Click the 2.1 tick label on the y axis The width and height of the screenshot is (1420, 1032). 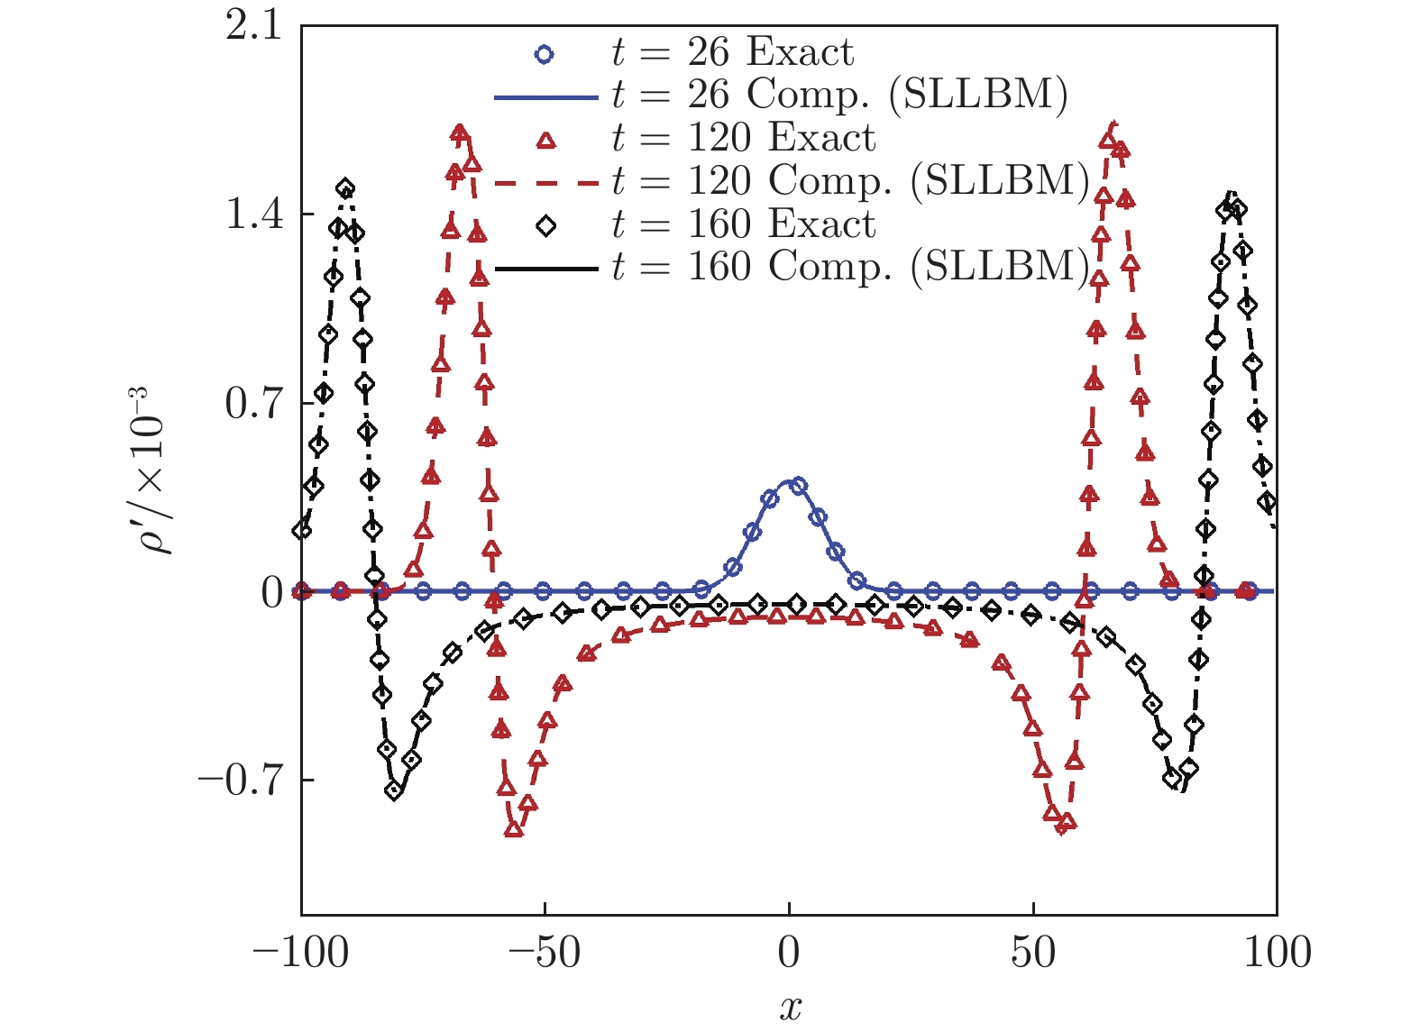(253, 27)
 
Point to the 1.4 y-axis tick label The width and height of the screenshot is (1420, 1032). (253, 215)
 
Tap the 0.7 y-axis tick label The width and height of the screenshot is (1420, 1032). (253, 404)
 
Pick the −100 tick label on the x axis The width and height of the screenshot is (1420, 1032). (300, 953)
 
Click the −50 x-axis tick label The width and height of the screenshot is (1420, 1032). (544, 953)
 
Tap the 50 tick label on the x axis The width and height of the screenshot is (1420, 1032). (1033, 953)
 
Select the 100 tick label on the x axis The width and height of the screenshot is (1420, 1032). (1277, 953)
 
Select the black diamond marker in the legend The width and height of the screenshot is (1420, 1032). (545, 226)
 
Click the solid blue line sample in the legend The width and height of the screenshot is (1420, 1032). (546, 96)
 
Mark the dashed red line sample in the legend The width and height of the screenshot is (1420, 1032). (546, 183)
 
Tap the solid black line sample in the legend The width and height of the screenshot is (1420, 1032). (546, 269)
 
